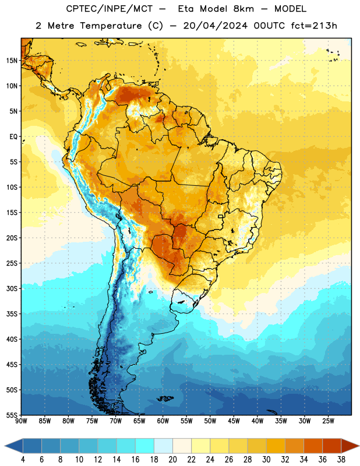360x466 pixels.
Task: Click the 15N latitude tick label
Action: [12, 61]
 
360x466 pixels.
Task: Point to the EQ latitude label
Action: [13, 137]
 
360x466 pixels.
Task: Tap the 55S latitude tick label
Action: [12, 415]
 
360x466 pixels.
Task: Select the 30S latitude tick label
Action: [12, 288]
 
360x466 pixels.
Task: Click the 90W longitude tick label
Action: [21, 421]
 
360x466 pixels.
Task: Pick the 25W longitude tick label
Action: [328, 421]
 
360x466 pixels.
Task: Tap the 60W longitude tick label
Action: [163, 421]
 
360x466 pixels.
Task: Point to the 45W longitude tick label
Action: [234, 421]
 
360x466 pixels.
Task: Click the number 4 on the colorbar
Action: [23, 460]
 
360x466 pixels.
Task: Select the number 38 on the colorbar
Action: [341, 460]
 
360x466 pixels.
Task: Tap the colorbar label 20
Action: [172, 460]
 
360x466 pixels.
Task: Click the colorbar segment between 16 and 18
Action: [145, 446]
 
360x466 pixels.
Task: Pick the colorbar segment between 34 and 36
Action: [313, 446]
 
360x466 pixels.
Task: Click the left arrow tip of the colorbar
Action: [5, 446]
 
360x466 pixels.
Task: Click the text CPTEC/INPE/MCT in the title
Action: [109, 9]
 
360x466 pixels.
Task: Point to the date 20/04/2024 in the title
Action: [215, 26]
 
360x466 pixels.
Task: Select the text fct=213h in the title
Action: [314, 26]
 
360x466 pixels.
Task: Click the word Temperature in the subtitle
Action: [111, 26]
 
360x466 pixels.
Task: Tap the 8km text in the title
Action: [243, 9]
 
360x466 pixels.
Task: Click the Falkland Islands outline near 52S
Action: [165, 398]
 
